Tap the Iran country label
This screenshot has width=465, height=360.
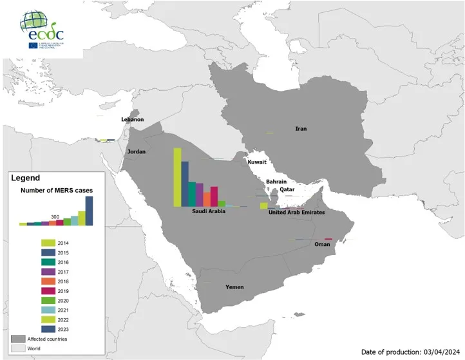point(300,129)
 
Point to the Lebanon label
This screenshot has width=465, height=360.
point(133,120)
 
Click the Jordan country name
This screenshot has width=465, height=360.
point(137,152)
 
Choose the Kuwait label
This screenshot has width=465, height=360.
point(256,162)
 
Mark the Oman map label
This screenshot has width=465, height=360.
point(321,245)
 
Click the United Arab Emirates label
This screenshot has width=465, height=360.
point(296,212)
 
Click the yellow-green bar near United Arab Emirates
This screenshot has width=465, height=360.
point(263,205)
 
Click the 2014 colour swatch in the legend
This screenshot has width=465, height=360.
point(48,243)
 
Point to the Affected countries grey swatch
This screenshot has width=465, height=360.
point(18,338)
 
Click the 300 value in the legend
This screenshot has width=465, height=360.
point(55,216)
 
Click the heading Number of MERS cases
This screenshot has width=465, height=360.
point(57,191)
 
